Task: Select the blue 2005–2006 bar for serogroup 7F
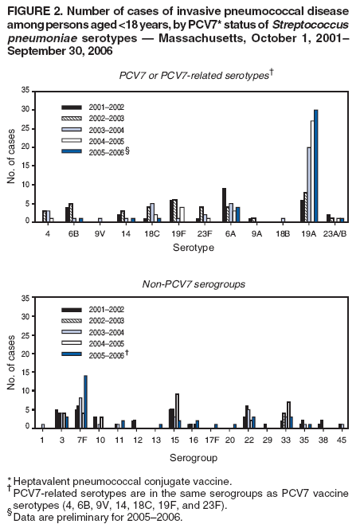[x=85, y=402]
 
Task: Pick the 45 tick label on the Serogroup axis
[x=341, y=441]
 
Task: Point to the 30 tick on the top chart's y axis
[x=32, y=109]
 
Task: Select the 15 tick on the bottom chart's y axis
[x=32, y=372]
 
